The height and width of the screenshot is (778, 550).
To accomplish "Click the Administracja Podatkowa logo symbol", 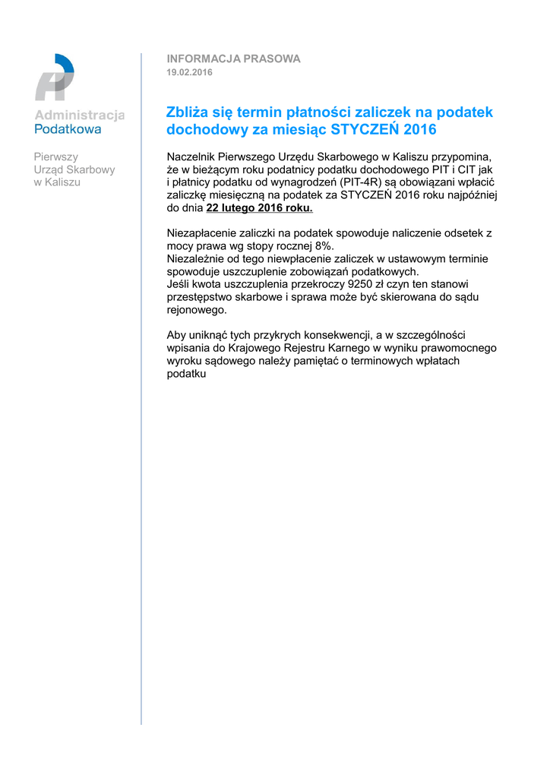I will tap(54, 77).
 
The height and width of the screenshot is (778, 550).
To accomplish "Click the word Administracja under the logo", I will tap(80, 115).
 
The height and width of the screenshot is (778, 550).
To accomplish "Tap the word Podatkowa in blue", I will tap(68, 129).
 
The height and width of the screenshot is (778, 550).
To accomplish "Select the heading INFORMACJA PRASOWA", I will tap(233, 59).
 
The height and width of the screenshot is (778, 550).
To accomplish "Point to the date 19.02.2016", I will tap(189, 72).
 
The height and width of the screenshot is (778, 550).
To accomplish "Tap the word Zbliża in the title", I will tap(188, 112).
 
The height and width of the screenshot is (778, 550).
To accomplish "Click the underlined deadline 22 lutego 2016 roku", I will tap(259, 208).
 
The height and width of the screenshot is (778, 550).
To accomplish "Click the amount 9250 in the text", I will tap(359, 284).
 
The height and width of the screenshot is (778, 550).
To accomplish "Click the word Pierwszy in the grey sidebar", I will tap(55, 157).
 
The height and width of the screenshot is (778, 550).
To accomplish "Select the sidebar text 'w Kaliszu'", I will tap(57, 182).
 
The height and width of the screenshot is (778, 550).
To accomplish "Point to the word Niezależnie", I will tap(197, 259).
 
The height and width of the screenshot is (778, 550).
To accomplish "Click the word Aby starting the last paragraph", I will tap(176, 335).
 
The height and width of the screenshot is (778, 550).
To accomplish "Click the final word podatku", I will tap(186, 374).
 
